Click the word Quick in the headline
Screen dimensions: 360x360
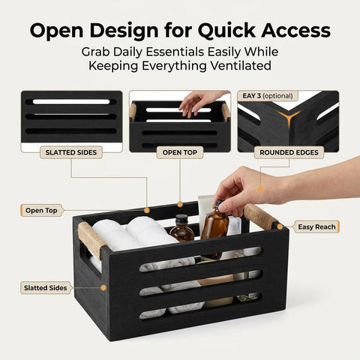pos(226,31)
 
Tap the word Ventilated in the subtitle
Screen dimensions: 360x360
pos(241,66)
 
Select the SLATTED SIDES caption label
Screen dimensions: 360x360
pos(71,152)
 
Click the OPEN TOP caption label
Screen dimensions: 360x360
pos(180,152)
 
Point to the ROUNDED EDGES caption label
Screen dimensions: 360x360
pos(289,152)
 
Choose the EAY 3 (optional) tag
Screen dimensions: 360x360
pos(268,96)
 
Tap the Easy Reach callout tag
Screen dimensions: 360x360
pos(316,227)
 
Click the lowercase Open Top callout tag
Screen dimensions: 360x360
pos(41,211)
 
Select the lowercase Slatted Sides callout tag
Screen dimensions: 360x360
pos(46,288)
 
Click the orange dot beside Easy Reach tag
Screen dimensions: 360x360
pos(280,226)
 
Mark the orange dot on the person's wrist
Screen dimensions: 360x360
pos(260,190)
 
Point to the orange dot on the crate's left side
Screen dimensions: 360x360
pos(103,288)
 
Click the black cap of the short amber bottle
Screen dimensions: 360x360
pos(181,220)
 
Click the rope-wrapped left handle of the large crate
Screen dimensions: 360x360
pos(89,240)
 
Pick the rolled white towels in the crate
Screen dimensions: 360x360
pos(133,234)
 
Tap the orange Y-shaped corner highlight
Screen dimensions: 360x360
pos(289,118)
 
